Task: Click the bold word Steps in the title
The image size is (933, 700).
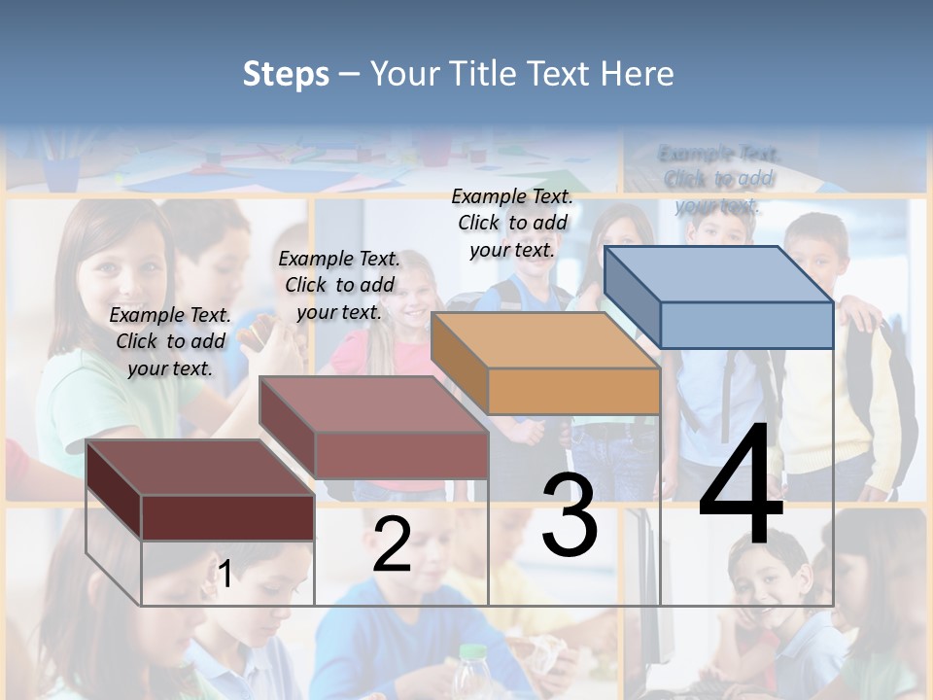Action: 286,74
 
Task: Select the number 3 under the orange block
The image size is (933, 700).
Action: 570,515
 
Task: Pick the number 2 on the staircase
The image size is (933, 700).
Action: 392,544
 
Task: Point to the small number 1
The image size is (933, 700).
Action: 225,574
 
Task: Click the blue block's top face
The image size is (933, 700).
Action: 717,273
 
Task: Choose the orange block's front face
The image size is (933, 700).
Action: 573,392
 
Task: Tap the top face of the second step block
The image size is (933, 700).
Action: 373,403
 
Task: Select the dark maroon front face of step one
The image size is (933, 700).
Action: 227,517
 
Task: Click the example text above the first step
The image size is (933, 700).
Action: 170,341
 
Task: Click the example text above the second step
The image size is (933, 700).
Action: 339,285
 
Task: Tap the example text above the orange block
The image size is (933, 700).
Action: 512,223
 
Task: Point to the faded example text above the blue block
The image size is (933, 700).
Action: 719,179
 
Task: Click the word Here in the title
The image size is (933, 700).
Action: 638,74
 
